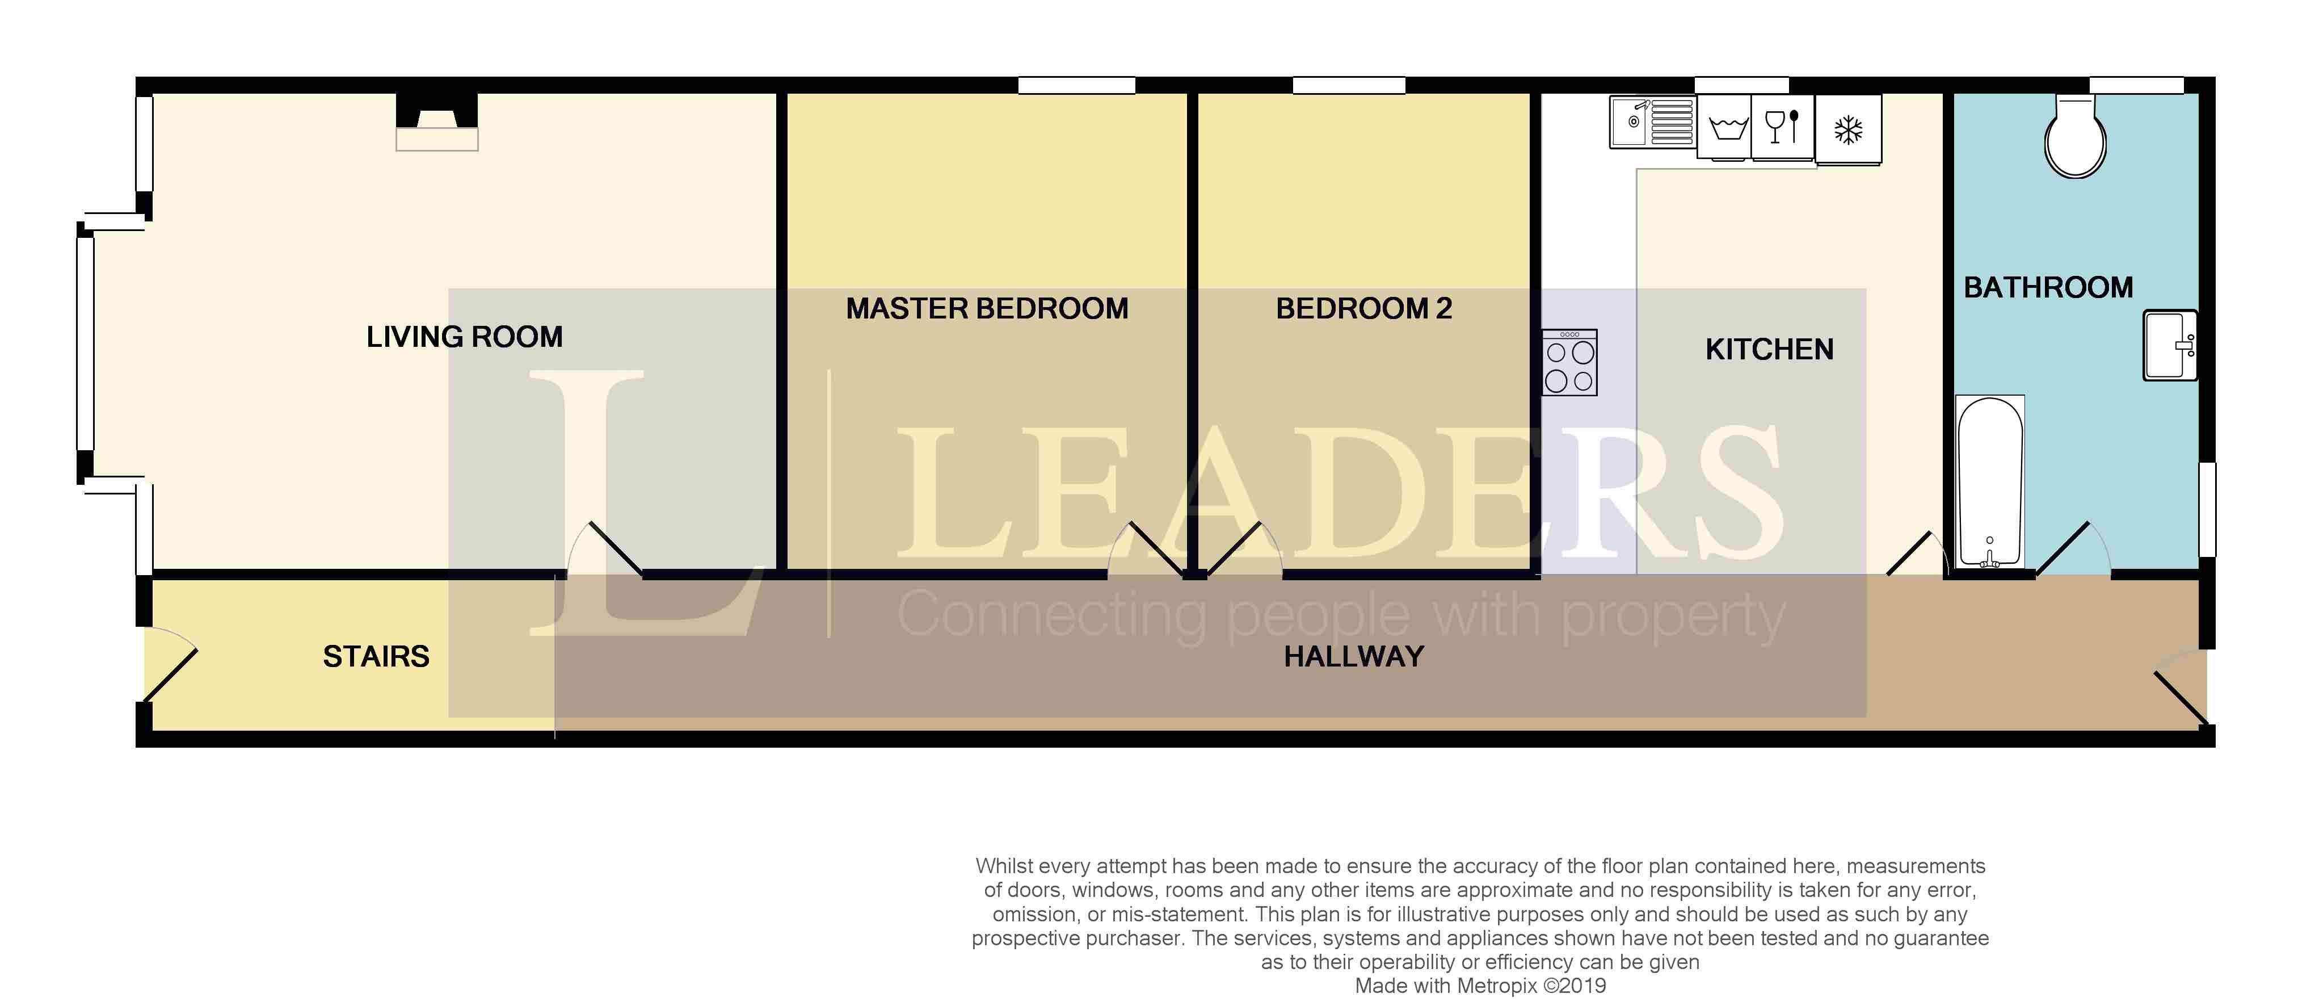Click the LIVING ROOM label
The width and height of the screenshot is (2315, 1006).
[x=465, y=337]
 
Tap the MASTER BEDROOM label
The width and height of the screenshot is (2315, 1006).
[x=987, y=308]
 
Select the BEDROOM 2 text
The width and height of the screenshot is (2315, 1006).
[x=1363, y=308]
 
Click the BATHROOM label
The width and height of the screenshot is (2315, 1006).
[x=2048, y=288]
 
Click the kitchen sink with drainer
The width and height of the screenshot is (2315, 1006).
[x=1652, y=121]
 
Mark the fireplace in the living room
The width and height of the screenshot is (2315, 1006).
[x=437, y=122]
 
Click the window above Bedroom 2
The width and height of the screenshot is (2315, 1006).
[x=1348, y=85]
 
